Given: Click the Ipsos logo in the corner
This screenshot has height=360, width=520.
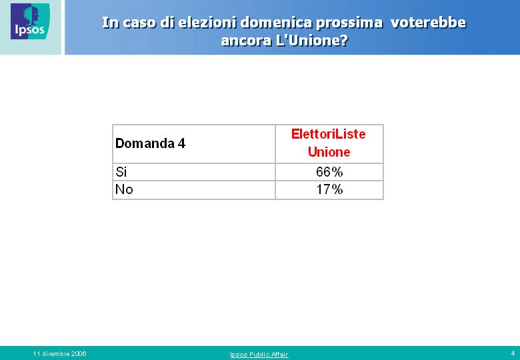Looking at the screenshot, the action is pos(30,21).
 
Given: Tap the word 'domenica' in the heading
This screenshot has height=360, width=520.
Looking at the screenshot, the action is pos(276,23).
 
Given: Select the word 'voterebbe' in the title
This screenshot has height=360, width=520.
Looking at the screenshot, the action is pos(428,23).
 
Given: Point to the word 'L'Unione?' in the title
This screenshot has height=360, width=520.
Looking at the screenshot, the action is pos(312,41).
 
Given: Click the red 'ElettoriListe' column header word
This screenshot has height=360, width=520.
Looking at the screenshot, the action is pos(328,134).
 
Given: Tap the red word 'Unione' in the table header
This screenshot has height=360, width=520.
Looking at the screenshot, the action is pos(329,152).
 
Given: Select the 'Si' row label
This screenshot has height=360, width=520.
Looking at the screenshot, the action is pos(121,172).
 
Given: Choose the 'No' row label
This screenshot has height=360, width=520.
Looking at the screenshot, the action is pos(124,189).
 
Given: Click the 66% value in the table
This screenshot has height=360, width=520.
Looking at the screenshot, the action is pos(329,172).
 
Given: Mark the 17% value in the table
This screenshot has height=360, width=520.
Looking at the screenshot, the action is pos(329,189).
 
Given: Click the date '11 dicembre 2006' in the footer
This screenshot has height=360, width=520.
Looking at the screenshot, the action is pos(60,354).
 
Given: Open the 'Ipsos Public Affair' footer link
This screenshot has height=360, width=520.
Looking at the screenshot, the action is pos(259,355).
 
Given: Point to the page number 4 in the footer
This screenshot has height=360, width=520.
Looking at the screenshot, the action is pos(513,353).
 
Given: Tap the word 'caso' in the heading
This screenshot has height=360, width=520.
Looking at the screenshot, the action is pos(139,23).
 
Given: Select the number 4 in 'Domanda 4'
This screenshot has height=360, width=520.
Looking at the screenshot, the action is pos(181,143).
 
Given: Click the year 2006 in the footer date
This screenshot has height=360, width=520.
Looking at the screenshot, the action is pos(79,354).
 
